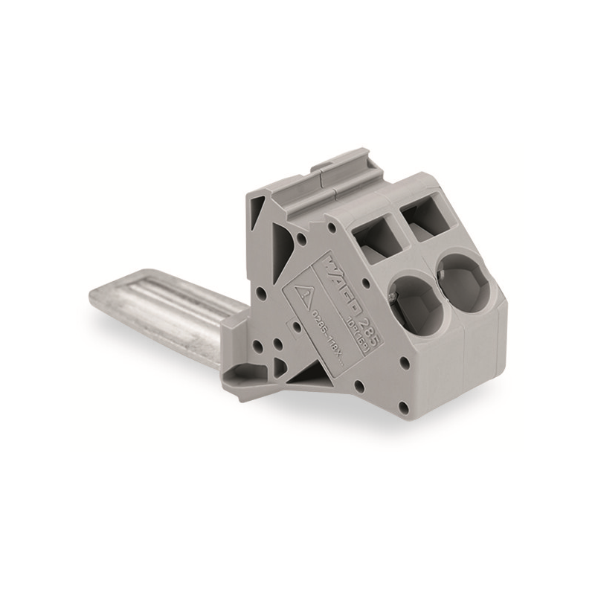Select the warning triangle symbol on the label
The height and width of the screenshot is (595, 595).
[302, 293]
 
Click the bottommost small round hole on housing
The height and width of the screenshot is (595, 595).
[402, 407]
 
